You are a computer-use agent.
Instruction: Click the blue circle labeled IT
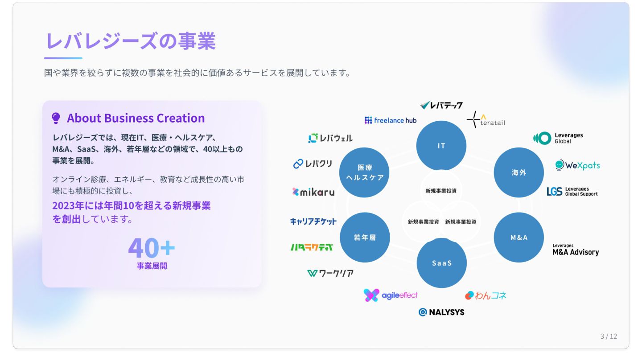pos(441,146)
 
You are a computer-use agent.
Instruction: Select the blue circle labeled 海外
pos(519,172)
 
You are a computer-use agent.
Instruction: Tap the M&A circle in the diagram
pos(519,238)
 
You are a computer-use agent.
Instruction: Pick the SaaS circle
pos(441,263)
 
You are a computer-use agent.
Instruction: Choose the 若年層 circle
pos(365,238)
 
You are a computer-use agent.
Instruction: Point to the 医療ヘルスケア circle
pos(364,172)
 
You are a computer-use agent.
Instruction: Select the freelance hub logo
pos(391,120)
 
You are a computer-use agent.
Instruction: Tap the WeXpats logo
pos(577,165)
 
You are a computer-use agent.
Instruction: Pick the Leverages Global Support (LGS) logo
pos(572,192)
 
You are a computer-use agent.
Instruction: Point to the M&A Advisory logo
pos(576,250)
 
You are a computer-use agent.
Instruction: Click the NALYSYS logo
pos(441,312)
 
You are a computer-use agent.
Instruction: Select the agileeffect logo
pos(391,295)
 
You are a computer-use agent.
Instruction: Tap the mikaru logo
pos(313,192)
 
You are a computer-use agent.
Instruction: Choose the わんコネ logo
pos(486,295)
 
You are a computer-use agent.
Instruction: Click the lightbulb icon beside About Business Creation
pos(56,118)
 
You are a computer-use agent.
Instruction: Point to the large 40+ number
pos(152,248)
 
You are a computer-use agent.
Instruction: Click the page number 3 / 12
pos(609,336)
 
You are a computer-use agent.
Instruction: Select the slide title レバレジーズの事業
pos(131,41)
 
